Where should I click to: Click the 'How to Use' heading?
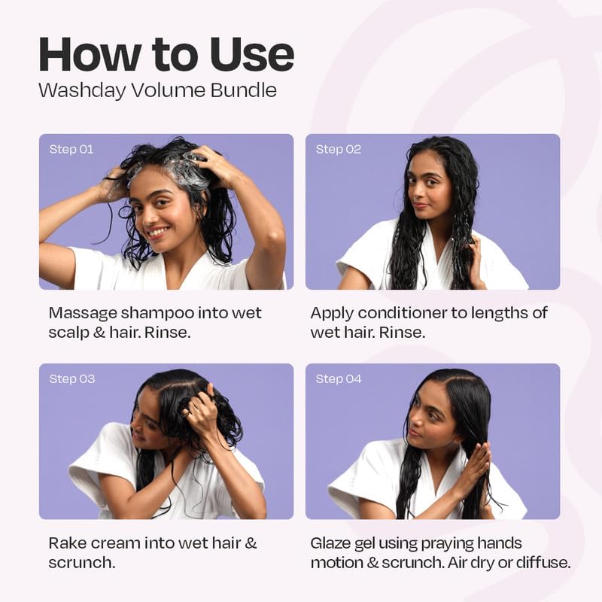point(166,54)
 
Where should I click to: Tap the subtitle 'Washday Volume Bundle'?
point(157,91)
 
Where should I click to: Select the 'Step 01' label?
point(71,149)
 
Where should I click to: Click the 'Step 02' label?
point(338,149)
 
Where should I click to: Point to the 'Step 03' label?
point(72,379)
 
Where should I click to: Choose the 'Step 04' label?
point(339,379)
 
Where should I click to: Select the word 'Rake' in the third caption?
point(67,543)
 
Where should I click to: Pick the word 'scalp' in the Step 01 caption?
point(67,332)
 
